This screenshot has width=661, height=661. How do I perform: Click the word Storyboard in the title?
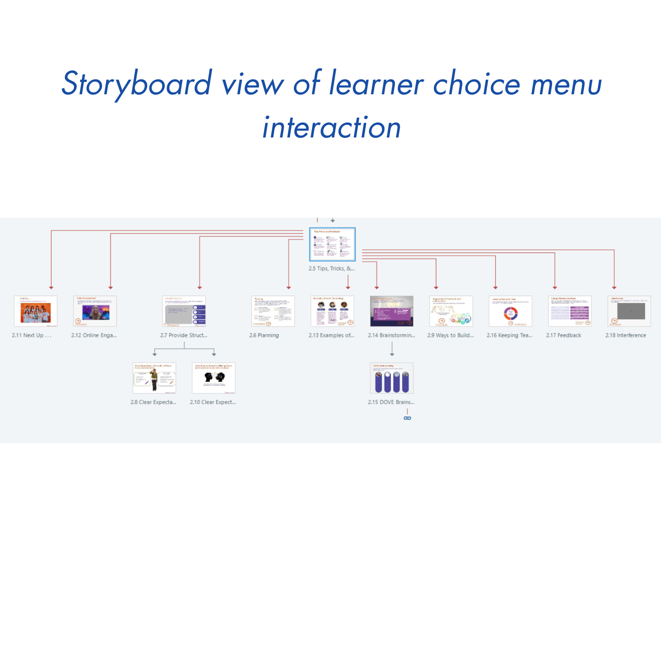tap(137, 84)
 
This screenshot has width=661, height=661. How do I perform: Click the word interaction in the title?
tap(331, 128)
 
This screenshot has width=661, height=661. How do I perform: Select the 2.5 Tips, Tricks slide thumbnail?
tap(332, 245)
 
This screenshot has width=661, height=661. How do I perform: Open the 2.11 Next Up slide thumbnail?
tap(36, 311)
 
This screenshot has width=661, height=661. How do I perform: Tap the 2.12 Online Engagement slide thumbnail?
tap(95, 311)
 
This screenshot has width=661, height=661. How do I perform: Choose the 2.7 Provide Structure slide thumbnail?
tap(184, 311)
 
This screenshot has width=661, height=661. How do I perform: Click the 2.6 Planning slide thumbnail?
tap(273, 311)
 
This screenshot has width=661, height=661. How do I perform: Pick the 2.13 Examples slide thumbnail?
tap(332, 311)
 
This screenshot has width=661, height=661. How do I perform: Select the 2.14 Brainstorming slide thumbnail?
tap(392, 311)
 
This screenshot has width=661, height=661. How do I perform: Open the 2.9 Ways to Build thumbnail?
tap(451, 311)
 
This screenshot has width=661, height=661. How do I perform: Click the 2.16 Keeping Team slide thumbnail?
tap(510, 311)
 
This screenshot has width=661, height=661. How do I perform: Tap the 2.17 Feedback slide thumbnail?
tap(570, 311)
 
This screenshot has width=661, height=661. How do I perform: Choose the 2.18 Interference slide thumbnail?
tap(629, 311)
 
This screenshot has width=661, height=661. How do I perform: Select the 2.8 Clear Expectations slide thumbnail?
tap(154, 378)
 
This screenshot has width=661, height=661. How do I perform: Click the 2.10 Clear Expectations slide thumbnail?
tap(214, 378)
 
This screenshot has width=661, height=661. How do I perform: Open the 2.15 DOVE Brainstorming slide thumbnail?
tap(392, 378)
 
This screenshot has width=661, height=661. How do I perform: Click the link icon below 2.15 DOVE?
tap(408, 418)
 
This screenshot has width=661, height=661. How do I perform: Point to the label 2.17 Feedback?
tap(564, 335)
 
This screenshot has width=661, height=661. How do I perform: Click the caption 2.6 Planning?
tap(264, 335)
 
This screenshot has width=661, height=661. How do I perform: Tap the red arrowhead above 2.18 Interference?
tap(614, 287)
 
